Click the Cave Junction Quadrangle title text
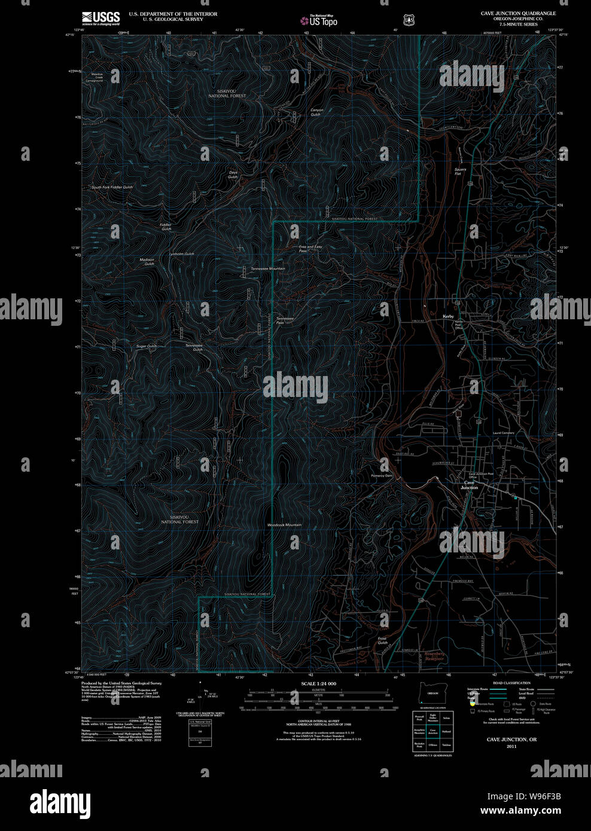click(x=518, y=13)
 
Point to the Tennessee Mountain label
click(x=267, y=268)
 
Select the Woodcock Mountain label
click(x=284, y=525)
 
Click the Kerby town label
click(x=448, y=316)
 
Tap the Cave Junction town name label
click(x=470, y=485)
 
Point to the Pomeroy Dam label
click(x=382, y=476)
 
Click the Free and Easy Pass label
click(x=310, y=248)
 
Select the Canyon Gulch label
click(x=316, y=112)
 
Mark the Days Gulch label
click(x=233, y=175)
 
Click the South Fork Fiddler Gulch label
click(x=112, y=187)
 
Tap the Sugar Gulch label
click(x=146, y=346)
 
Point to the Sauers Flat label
click(x=460, y=171)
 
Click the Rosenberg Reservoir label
click(x=435, y=655)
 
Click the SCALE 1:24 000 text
click(x=318, y=683)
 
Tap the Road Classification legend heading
click(x=511, y=683)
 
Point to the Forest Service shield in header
click(x=409, y=20)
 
